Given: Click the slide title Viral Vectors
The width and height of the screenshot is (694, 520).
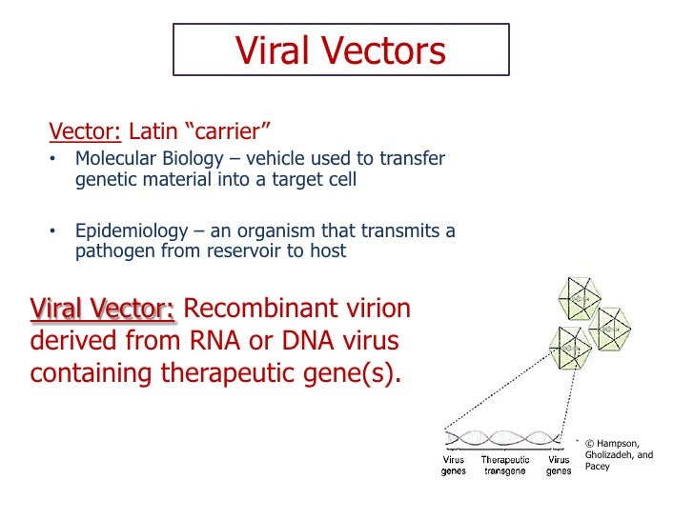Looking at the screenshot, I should click(x=340, y=50).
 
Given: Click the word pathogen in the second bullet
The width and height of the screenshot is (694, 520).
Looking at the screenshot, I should click(x=113, y=251).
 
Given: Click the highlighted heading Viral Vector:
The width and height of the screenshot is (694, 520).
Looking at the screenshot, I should click(x=103, y=310).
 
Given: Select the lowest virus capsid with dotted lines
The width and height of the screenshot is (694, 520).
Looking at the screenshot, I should click(x=572, y=350).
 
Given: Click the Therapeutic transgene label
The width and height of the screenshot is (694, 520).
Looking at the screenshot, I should click(x=504, y=465).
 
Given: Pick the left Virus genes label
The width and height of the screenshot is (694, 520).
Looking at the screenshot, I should click(x=454, y=465).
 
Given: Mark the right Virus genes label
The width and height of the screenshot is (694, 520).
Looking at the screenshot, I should click(x=559, y=465).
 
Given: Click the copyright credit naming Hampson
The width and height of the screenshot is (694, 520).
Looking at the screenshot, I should click(x=619, y=454).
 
